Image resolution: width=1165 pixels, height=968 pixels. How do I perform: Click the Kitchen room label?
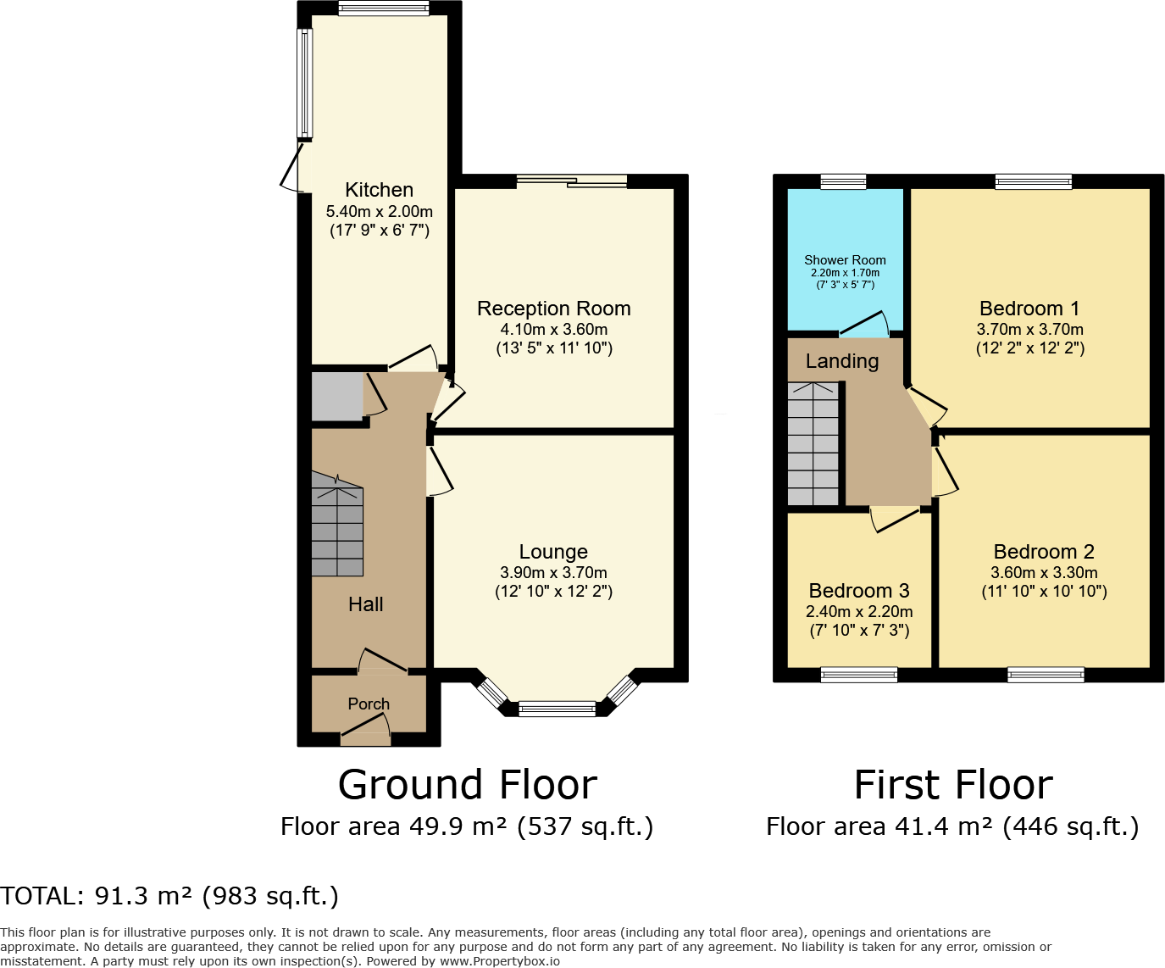click(379, 190)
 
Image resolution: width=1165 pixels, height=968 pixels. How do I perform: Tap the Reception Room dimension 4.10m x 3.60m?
click(553, 330)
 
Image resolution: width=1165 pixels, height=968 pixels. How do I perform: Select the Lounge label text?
click(553, 552)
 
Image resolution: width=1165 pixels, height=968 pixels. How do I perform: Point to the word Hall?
click(365, 604)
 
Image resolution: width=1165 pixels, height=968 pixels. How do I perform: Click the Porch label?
click(369, 704)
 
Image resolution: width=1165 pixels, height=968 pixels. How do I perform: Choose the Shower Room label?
click(845, 260)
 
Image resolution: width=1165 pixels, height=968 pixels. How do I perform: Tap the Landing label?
click(841, 361)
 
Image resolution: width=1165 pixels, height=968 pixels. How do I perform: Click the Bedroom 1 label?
click(1029, 309)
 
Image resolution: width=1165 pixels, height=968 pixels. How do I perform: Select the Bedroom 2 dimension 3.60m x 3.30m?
click(1044, 573)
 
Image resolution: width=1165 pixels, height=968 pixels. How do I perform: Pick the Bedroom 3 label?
click(858, 591)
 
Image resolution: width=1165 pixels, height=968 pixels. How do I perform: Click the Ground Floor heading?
click(467, 785)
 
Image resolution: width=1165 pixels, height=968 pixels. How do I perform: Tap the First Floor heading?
click(952, 785)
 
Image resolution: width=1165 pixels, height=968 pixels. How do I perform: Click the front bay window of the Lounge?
click(558, 709)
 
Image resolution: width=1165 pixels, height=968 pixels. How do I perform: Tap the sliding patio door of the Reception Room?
click(572, 181)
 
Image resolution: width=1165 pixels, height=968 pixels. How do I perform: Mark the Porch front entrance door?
click(366, 734)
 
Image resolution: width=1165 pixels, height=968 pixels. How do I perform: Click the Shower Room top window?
click(843, 181)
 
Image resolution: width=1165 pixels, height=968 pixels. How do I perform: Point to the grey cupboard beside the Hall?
click(336, 395)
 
